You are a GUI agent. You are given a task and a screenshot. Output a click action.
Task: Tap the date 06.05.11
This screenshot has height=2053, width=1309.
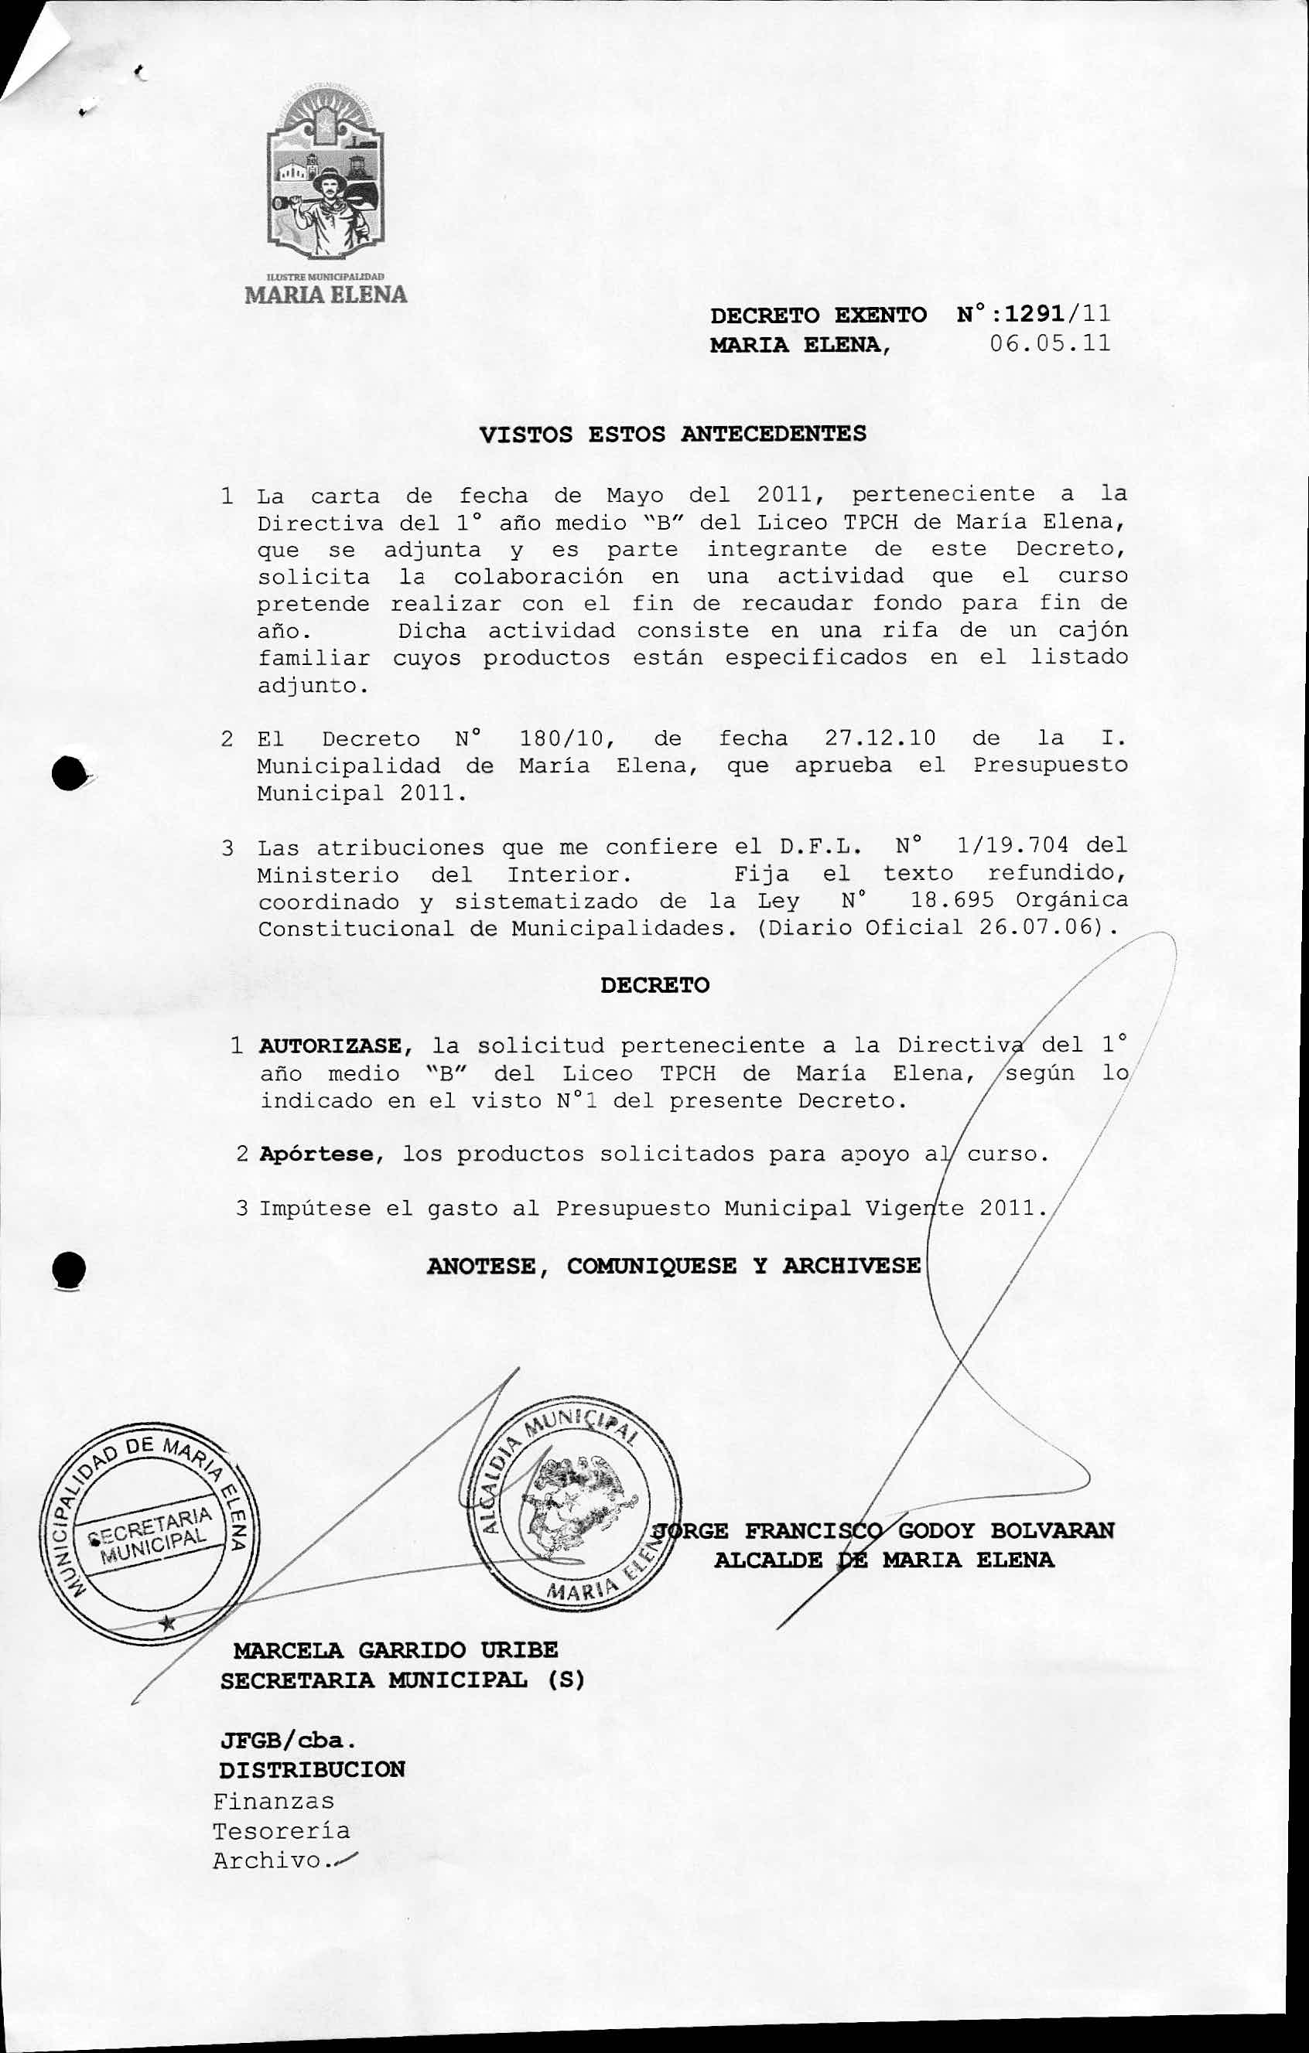(1051, 343)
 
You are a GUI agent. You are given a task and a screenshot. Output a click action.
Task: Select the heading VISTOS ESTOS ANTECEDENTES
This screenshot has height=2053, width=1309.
(673, 434)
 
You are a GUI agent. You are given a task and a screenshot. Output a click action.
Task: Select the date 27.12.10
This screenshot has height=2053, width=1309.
(880, 738)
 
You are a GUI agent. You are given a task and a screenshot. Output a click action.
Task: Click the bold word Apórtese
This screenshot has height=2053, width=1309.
(316, 1155)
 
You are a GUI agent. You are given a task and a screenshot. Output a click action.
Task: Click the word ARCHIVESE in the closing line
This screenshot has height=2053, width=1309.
(851, 1266)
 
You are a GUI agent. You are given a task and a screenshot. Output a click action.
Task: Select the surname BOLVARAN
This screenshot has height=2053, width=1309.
(1051, 1530)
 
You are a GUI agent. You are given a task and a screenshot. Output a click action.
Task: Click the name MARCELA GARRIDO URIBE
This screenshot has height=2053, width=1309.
(395, 1649)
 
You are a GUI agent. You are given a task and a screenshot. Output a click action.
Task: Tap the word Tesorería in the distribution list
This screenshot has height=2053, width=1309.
(281, 1830)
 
